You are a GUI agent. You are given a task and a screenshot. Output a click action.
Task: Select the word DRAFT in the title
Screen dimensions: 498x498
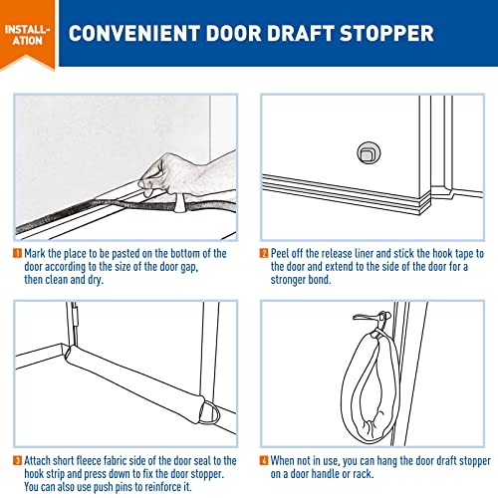pyautogui.click(x=302, y=34)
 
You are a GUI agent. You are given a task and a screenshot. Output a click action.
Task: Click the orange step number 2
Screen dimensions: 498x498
pyautogui.click(x=266, y=254)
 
